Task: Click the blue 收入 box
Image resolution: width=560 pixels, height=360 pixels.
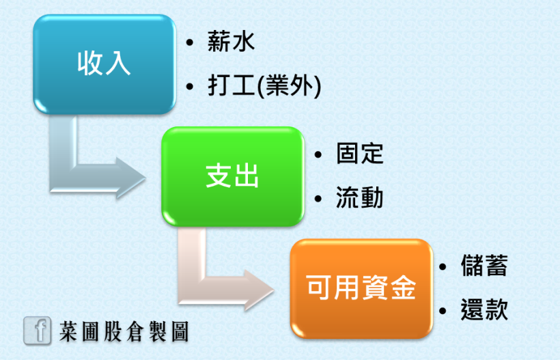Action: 104,64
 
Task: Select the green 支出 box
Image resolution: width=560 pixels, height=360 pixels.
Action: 233,176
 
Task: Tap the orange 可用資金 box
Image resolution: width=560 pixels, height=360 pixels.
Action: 361,288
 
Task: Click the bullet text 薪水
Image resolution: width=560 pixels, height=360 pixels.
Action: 231,42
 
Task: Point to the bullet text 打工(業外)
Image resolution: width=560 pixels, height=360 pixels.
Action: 264,86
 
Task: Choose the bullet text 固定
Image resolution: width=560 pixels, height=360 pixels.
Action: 360,154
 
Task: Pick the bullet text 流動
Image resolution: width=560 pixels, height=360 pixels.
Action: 360,197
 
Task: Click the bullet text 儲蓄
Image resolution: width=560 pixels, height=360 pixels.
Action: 484,266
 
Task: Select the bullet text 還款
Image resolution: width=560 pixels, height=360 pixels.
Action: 484,309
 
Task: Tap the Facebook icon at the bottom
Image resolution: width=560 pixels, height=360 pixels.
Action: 37,331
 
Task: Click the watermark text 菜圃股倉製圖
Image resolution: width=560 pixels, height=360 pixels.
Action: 124,331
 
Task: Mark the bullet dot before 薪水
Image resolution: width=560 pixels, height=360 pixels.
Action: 190,43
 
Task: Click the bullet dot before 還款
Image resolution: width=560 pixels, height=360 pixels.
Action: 443,311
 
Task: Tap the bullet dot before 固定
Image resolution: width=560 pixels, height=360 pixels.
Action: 318,154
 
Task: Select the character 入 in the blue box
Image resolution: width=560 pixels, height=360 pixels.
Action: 117,64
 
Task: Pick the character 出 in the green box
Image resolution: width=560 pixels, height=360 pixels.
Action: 246,176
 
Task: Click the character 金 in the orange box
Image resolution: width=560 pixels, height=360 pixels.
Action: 404,288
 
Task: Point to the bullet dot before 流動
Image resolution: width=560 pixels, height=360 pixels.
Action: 318,199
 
